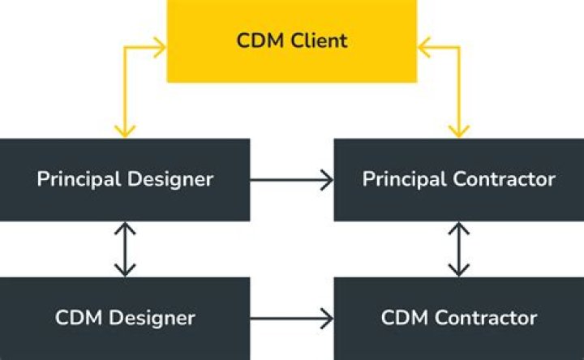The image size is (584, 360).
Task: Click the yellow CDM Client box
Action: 292,41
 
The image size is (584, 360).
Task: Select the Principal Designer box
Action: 125,179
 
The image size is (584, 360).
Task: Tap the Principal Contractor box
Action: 458,179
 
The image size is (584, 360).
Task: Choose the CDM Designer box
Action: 125,317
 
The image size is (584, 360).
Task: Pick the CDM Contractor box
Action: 458,317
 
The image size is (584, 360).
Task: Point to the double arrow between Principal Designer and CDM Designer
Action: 125,249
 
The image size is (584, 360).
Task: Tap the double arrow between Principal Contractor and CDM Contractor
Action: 459,249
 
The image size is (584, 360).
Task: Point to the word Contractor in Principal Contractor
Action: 504,179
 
